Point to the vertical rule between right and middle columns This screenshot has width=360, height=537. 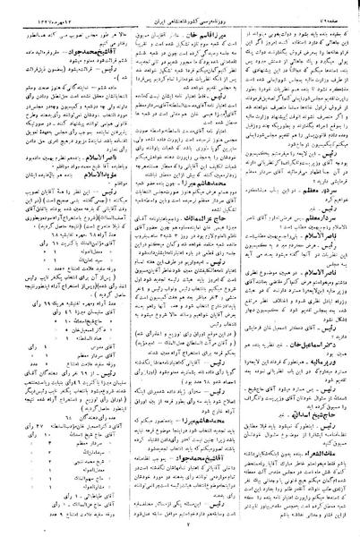[x=239, y=268]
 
